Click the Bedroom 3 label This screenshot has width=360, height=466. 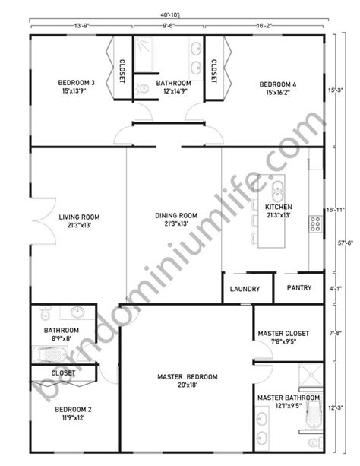(77, 83)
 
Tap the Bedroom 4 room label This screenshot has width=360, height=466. (278, 84)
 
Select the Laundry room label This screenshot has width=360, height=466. (245, 289)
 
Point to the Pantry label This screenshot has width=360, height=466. (299, 287)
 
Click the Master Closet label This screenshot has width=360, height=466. (283, 334)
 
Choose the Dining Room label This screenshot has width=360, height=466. (176, 215)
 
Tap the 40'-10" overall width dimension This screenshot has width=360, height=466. (170, 14)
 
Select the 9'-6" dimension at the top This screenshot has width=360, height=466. (169, 26)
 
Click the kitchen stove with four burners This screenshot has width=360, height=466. (315, 224)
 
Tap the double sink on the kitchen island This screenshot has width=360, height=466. (277, 192)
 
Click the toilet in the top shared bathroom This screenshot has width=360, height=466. (142, 89)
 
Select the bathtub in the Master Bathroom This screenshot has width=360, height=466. (313, 415)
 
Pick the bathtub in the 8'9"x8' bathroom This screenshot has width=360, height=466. (50, 354)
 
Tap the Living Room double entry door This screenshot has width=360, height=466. (45, 221)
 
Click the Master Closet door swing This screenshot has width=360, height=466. (263, 350)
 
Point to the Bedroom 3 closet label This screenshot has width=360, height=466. (122, 71)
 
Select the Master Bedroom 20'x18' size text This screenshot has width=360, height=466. (188, 385)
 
